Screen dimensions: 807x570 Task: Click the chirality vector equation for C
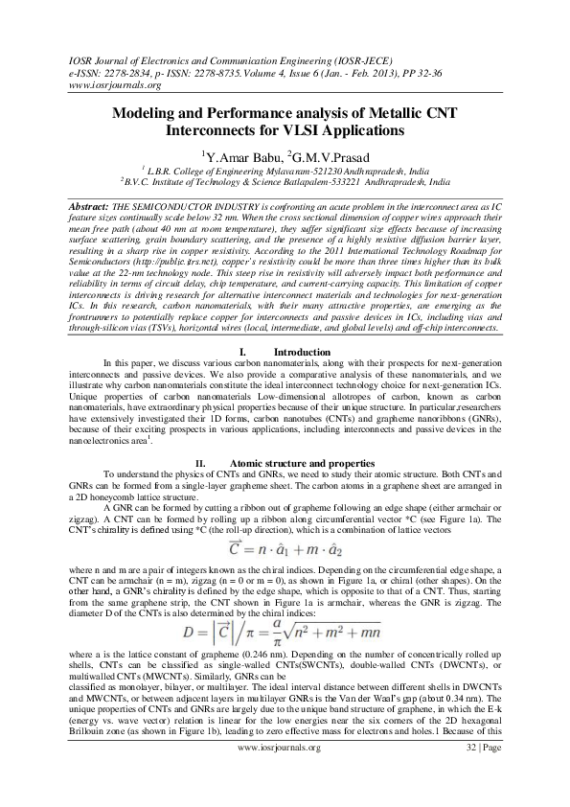[285, 548]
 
